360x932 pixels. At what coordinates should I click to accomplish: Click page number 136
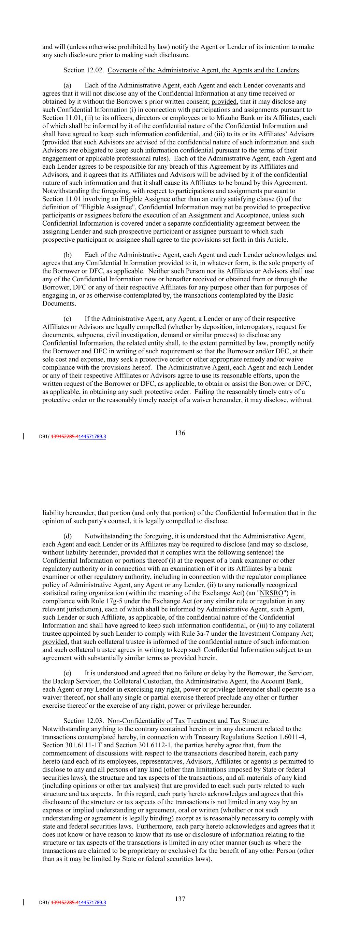pyautogui.click(x=180, y=433)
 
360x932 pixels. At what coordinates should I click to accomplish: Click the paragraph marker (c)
pyautogui.click(x=67, y=319)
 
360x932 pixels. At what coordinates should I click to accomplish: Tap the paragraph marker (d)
pyautogui.click(x=68, y=536)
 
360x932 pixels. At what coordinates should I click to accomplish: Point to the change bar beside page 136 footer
pyautogui.click(x=24, y=436)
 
